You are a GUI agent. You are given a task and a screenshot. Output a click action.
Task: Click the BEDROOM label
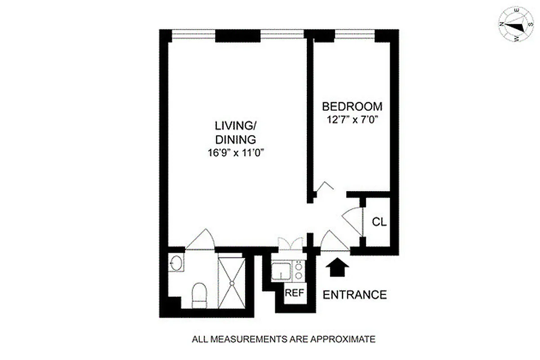pos(352,107)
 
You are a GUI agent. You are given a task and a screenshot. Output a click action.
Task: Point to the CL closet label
pos(379,222)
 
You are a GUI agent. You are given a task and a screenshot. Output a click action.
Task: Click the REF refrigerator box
pos(295,292)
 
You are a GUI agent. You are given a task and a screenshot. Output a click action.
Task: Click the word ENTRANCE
pos(355,295)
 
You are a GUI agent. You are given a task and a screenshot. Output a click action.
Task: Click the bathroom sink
pos(176,263)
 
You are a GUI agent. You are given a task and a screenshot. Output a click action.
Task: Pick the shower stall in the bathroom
pos(231,283)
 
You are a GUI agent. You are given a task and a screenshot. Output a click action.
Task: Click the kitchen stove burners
pos(298,271)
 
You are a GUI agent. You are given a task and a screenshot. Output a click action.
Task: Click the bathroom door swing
pos(201,241)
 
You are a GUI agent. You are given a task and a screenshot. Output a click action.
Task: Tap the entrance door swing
pos(333,242)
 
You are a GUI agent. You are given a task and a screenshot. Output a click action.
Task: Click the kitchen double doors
pos(291,243)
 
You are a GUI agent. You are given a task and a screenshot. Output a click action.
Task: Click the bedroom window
pos(355,32)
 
